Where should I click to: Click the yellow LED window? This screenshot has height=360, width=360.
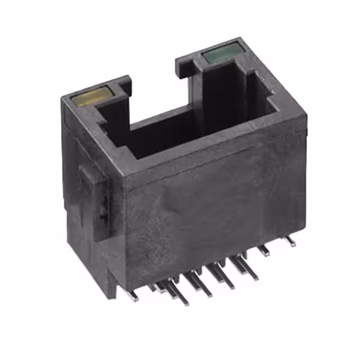91,96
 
